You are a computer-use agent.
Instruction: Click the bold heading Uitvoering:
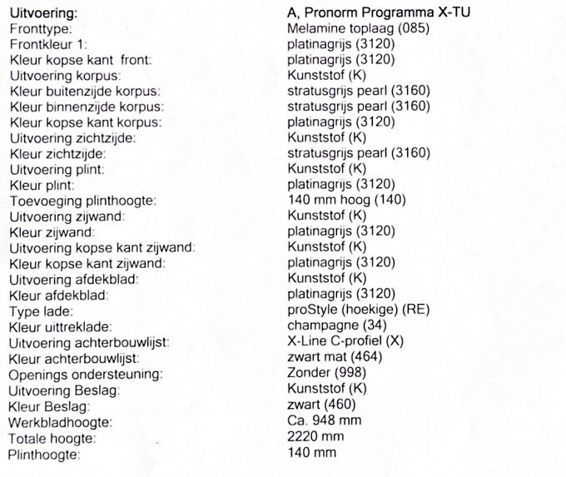click(42, 13)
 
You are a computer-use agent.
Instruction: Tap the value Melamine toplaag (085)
click(359, 28)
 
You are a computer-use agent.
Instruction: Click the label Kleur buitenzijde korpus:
click(84, 91)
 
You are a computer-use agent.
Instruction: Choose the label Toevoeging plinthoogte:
click(82, 201)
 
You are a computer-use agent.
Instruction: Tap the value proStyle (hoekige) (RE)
click(358, 311)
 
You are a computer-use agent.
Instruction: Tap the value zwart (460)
click(320, 405)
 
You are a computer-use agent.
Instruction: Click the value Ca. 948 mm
click(324, 420)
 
